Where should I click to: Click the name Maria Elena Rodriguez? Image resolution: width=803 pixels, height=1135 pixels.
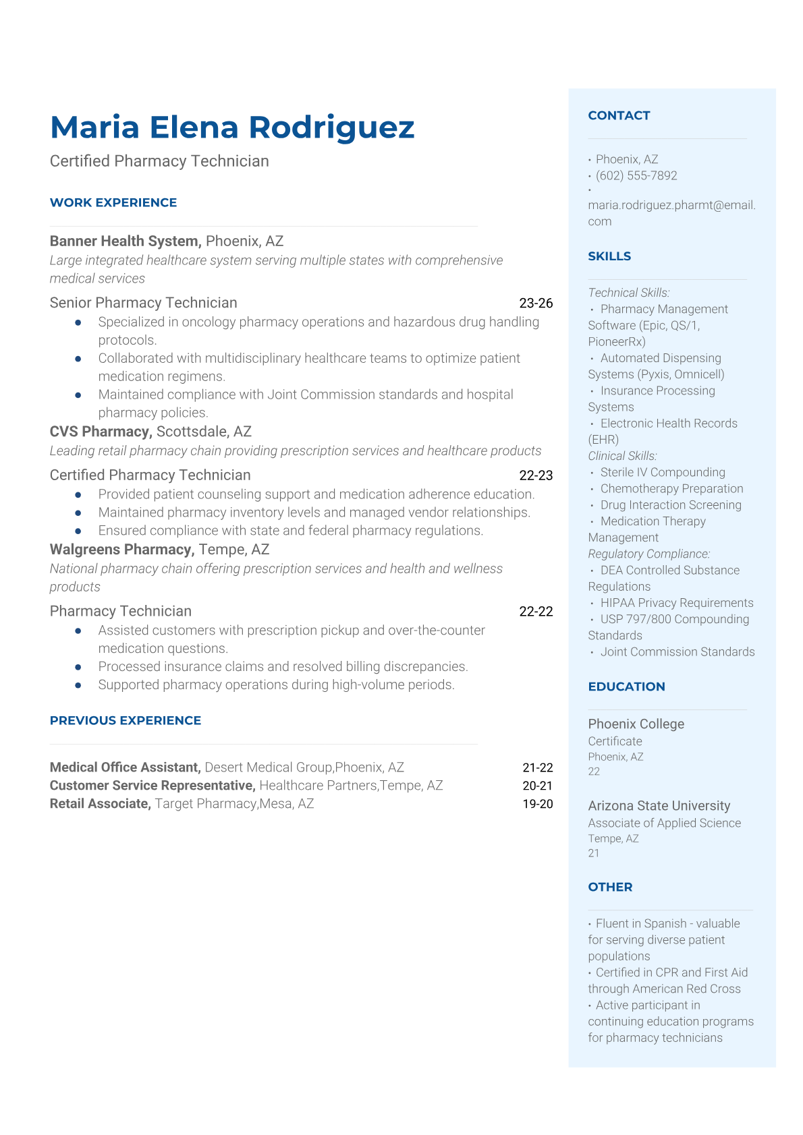click(x=232, y=127)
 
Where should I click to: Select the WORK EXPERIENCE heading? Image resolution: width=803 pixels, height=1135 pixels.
click(x=113, y=202)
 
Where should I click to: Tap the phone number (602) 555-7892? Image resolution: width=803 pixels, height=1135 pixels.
click(x=636, y=175)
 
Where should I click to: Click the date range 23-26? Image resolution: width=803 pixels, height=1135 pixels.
click(x=536, y=303)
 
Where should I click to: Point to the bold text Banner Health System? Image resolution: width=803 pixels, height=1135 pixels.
click(x=126, y=241)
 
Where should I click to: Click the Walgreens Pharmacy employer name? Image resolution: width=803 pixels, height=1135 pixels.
click(x=121, y=550)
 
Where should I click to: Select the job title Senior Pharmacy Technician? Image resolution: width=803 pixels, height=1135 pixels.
click(x=143, y=303)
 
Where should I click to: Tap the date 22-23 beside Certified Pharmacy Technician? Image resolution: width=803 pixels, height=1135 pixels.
click(x=536, y=475)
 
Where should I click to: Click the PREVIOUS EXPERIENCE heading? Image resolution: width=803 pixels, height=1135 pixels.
click(x=126, y=720)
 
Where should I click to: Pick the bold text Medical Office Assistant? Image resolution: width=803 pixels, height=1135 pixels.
click(x=125, y=767)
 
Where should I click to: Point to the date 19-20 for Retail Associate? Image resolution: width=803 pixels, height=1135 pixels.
click(x=537, y=804)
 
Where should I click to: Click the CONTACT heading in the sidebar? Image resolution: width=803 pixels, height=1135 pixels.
click(x=619, y=115)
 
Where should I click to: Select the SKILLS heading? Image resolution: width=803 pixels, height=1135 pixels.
click(x=609, y=256)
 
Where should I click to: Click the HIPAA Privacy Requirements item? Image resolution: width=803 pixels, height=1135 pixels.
click(x=677, y=603)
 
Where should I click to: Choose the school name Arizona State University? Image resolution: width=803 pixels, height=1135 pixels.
click(x=659, y=806)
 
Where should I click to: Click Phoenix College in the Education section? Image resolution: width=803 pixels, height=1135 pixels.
click(x=636, y=724)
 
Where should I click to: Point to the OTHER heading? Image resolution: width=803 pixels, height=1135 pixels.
click(x=610, y=887)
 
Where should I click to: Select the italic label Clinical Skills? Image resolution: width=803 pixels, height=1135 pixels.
click(x=622, y=456)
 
